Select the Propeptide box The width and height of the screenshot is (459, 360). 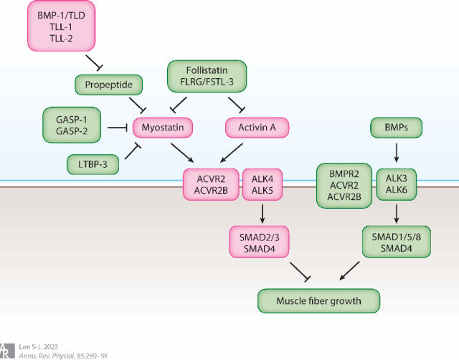click(x=109, y=85)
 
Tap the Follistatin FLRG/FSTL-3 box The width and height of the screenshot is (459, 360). click(x=207, y=77)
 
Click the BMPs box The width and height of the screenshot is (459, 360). click(x=396, y=128)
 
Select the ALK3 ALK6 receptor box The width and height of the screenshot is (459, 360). click(x=397, y=184)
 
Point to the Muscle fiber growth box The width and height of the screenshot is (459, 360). click(x=318, y=300)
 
